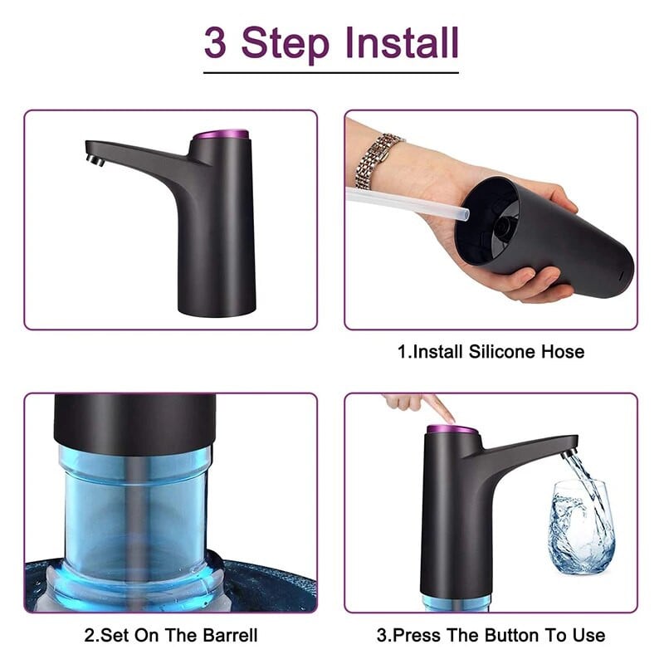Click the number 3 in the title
[215, 43]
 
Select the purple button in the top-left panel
[221, 134]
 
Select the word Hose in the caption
[563, 352]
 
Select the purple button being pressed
[452, 430]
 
